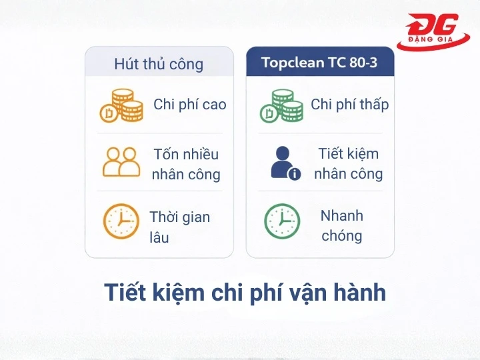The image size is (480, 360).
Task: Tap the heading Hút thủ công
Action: [159, 64]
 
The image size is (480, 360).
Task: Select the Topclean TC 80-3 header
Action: [319, 63]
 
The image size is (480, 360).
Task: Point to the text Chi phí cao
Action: [190, 105]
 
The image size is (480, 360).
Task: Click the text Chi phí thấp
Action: [349, 105]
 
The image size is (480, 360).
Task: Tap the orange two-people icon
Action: [121, 162]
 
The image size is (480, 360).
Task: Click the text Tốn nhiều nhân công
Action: [185, 165]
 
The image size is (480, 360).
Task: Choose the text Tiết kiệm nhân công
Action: [348, 164]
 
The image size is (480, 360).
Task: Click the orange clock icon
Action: [121, 221]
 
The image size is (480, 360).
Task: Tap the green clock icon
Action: [282, 221]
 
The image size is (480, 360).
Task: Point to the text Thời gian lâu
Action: [179, 227]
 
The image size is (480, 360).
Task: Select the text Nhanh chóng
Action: [342, 226]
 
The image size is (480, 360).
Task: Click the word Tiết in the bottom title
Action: [125, 293]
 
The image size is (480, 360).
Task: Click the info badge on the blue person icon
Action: [294, 174]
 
